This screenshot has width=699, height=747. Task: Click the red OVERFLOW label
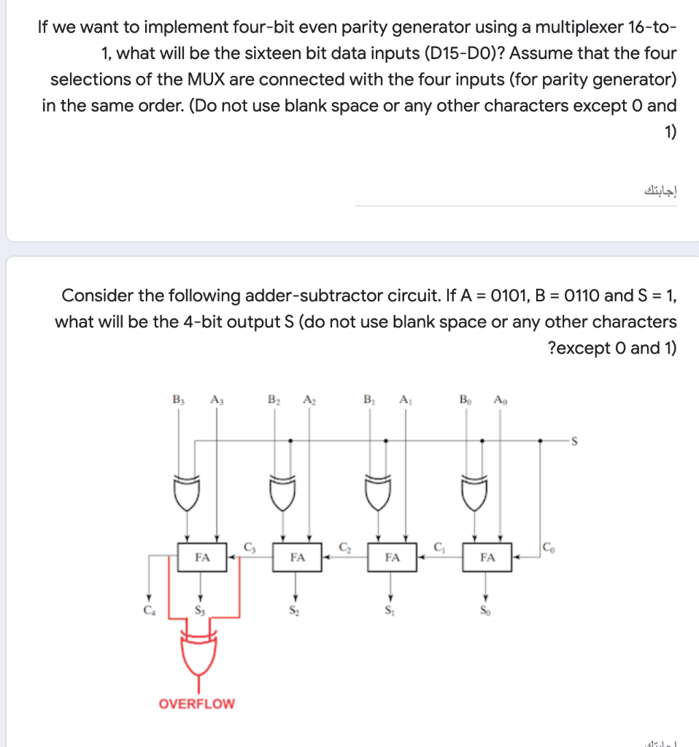(197, 703)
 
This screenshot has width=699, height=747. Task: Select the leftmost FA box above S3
(202, 557)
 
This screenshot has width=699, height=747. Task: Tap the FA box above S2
(296, 557)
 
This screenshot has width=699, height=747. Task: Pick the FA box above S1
(392, 557)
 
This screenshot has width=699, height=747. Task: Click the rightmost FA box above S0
(487, 557)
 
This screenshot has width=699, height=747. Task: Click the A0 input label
(500, 399)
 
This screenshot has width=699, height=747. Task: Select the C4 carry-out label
(150, 607)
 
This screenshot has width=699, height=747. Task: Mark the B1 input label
(368, 399)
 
